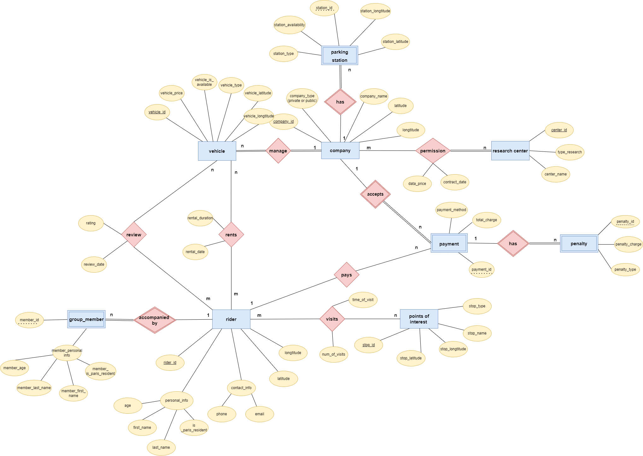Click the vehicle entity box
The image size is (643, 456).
click(217, 151)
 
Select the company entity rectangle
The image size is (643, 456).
click(340, 151)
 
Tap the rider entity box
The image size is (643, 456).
click(231, 319)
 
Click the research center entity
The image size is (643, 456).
click(510, 151)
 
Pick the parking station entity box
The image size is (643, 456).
click(339, 56)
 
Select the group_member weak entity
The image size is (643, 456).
click(86, 319)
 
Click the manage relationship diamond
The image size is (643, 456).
click(278, 151)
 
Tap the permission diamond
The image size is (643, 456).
click(433, 151)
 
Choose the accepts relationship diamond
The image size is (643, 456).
click(375, 194)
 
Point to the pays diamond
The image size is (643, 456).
click(346, 275)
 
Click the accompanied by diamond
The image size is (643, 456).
click(155, 320)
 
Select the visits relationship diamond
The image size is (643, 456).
click(332, 319)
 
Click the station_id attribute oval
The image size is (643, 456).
click(324, 8)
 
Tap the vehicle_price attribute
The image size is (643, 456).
click(171, 93)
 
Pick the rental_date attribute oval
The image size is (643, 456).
click(195, 252)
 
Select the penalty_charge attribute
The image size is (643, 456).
click(628, 244)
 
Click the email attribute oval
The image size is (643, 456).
click(260, 414)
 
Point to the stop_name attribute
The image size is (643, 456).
click(477, 333)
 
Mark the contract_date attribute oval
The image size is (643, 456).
click(454, 182)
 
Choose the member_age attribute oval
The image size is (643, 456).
click(15, 368)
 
